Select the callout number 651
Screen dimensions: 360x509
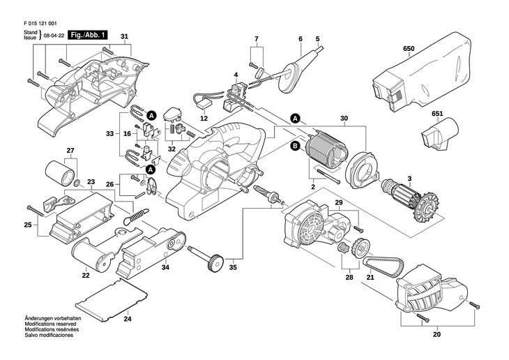coord(437,113)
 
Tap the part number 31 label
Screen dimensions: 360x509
coord(125,36)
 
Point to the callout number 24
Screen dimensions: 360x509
coord(127,320)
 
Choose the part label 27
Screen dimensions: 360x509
coord(70,151)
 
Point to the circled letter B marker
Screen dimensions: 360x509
coord(295,145)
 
